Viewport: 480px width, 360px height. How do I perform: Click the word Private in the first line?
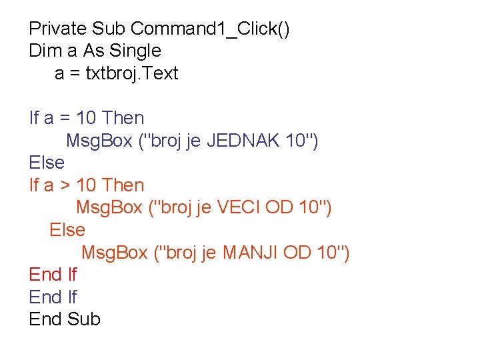(x=58, y=29)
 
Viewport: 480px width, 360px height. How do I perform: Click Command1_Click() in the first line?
(x=210, y=29)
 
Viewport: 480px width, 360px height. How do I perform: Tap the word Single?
(x=135, y=51)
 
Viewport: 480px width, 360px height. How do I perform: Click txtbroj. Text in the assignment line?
(x=132, y=73)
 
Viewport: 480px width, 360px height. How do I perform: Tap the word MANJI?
(x=251, y=253)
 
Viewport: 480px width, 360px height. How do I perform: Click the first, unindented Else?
(x=47, y=163)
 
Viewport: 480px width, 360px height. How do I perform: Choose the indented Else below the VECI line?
(x=67, y=230)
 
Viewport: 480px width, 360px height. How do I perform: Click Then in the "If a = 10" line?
(x=124, y=118)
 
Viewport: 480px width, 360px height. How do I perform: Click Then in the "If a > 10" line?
(x=124, y=185)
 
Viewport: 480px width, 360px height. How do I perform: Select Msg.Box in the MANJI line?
(x=114, y=253)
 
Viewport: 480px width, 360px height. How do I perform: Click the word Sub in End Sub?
(x=84, y=319)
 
